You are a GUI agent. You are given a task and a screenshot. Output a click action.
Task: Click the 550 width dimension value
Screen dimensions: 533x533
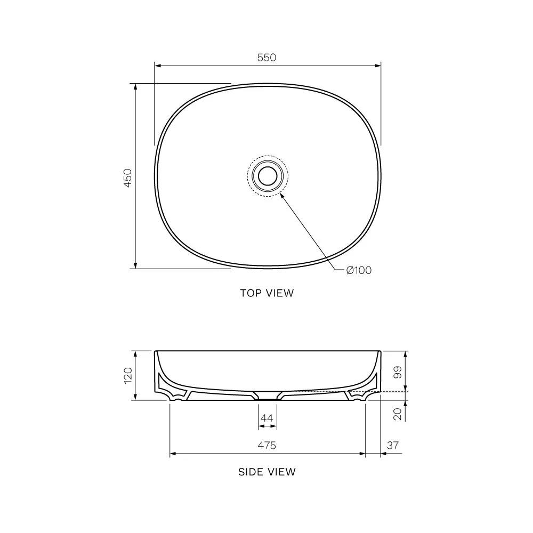click(x=267, y=58)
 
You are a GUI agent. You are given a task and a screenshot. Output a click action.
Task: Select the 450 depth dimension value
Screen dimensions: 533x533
click(x=127, y=177)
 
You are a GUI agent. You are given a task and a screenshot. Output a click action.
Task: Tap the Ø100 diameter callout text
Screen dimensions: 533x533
click(x=358, y=270)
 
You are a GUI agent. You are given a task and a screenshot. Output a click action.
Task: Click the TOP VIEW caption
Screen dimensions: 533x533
click(x=266, y=293)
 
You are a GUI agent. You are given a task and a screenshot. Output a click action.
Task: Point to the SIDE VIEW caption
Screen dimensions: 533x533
click(x=266, y=471)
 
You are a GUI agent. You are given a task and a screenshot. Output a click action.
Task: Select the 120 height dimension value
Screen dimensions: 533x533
click(x=127, y=376)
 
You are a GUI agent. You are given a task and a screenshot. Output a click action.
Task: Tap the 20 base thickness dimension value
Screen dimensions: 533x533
click(x=397, y=414)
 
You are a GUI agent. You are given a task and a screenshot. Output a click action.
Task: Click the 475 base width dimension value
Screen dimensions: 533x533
click(x=267, y=445)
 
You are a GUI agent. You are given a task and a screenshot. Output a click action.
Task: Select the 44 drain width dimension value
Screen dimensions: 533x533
click(x=267, y=418)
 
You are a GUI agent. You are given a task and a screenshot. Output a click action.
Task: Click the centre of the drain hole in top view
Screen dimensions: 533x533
click(x=267, y=175)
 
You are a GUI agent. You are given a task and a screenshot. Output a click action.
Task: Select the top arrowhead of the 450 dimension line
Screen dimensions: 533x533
click(x=135, y=87)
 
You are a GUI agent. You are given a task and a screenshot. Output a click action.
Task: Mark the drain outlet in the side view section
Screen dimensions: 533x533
click(x=268, y=397)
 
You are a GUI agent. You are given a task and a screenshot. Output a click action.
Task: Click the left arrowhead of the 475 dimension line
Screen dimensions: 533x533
click(x=173, y=454)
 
